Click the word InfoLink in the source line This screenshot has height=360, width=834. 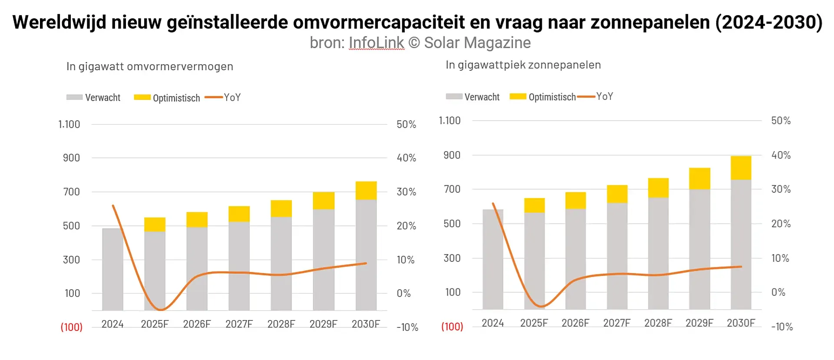pyautogui.click(x=376, y=43)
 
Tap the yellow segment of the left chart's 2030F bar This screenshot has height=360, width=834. pyautogui.click(x=366, y=190)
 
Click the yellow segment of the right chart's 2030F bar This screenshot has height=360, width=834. pyautogui.click(x=741, y=168)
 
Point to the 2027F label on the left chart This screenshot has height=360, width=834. pyautogui.click(x=239, y=324)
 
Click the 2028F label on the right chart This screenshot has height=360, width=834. pyautogui.click(x=658, y=323)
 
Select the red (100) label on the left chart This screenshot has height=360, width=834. pyautogui.click(x=72, y=327)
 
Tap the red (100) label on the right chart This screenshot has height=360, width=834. pyautogui.click(x=452, y=327)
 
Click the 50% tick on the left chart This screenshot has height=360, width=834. pyautogui.click(x=406, y=125)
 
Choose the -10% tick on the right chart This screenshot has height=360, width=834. pyautogui.click(x=782, y=327)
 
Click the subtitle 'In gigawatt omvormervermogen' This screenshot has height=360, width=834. pyautogui.click(x=149, y=66)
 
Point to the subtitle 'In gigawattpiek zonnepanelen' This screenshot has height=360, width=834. pyautogui.click(x=523, y=65)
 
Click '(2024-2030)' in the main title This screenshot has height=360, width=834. pyautogui.click(x=768, y=22)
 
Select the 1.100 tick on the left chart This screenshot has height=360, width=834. pyautogui.click(x=69, y=125)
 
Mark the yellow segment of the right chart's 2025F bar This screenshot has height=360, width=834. pyautogui.click(x=534, y=205)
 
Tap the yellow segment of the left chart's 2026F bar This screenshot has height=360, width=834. pyautogui.click(x=197, y=219)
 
